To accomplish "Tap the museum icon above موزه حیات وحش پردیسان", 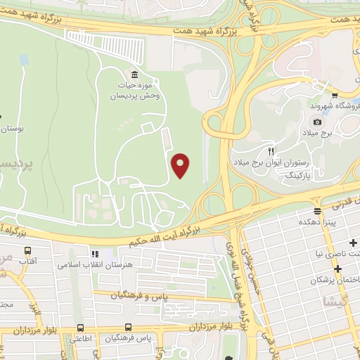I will pyautogui.click(x=134, y=75).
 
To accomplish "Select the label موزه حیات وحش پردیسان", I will pyautogui.click(x=134, y=90).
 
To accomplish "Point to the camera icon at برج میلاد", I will pyautogui.click(x=318, y=122).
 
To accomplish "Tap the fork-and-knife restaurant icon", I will pyautogui.click(x=271, y=151).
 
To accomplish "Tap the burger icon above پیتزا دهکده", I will pyautogui.click(x=318, y=210).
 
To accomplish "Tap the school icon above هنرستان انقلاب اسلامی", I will pyautogui.click(x=94, y=253).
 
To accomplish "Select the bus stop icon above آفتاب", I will pyautogui.click(x=28, y=250).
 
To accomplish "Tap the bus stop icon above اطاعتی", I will pyautogui.click(x=82, y=328).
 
